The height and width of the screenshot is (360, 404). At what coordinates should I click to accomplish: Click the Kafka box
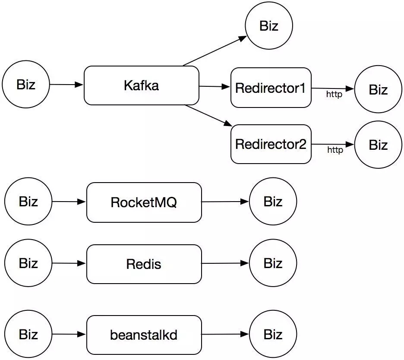pos(142,85)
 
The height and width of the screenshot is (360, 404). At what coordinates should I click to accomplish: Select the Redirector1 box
pos(271,88)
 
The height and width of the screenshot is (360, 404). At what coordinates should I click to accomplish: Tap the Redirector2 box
pos(271,144)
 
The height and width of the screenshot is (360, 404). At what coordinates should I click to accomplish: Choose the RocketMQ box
pos(144,202)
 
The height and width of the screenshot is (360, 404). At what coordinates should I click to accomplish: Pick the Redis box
pos(144,264)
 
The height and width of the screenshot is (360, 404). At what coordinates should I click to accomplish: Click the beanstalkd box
pos(144,335)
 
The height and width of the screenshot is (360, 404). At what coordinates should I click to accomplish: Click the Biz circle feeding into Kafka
pos(26,84)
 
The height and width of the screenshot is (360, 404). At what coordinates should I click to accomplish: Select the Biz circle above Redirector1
pos(269,25)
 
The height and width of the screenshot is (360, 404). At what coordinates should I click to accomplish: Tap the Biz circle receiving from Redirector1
pos(378,89)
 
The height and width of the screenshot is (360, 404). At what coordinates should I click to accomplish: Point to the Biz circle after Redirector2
pos(378,145)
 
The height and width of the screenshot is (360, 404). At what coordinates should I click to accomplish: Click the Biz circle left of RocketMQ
pos(28,201)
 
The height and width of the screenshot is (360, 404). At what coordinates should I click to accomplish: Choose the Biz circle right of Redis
pos(273,263)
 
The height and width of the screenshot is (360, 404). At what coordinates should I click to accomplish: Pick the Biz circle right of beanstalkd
pos(273,334)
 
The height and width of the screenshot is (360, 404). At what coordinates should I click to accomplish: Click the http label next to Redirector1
pos(334,94)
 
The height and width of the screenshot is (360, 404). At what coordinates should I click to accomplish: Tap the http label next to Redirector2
pos(335,150)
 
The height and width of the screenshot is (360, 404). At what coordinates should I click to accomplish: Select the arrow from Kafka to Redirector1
pos(215,87)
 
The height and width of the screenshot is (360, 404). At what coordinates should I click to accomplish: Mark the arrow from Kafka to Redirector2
pos(208,115)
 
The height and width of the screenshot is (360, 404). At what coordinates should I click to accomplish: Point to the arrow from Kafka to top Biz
pos(215,51)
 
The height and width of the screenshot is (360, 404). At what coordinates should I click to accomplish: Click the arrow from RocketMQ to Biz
pos(225,202)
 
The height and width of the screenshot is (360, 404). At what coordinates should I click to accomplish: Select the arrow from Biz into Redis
pos(69,263)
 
